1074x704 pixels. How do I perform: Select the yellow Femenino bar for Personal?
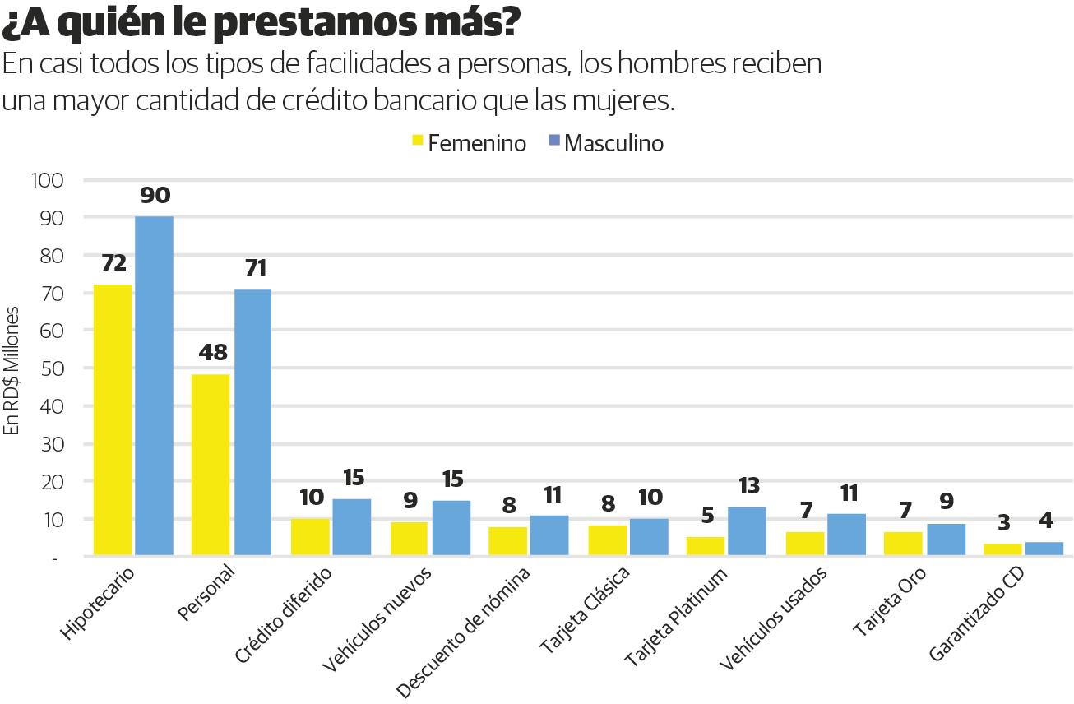(x=210, y=465)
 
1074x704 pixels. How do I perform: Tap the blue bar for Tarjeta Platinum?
(x=747, y=531)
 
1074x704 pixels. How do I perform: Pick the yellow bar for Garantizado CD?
(x=1002, y=549)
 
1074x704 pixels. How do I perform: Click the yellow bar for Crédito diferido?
(x=310, y=537)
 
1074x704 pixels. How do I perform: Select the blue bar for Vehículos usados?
(x=846, y=535)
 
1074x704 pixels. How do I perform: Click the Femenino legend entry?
(x=469, y=143)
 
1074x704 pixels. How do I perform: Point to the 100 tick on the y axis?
(x=47, y=180)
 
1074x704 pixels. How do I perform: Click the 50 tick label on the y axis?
(x=50, y=368)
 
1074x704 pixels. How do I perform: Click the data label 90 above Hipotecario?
(x=155, y=196)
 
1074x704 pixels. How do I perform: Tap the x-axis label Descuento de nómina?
(x=465, y=630)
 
